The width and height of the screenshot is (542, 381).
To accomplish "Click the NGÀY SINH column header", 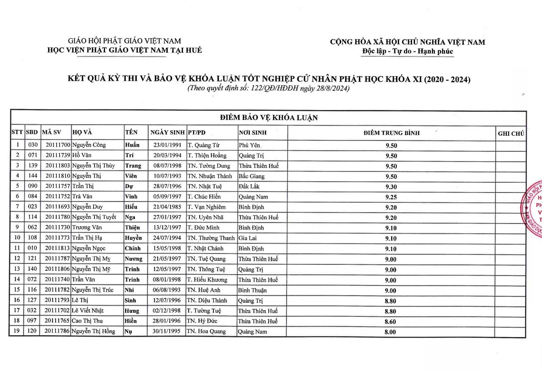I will pyautogui.click(x=167, y=132).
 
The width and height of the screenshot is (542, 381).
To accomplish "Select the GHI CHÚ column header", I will pyautogui.click(x=511, y=133).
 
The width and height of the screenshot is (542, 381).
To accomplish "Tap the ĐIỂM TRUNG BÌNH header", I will pyautogui.click(x=391, y=133).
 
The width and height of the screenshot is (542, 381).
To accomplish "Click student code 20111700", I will pyautogui.click(x=58, y=145).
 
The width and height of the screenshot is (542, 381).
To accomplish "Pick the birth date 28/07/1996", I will pyautogui.click(x=167, y=186).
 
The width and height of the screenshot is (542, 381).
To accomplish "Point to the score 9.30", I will pyautogui.click(x=391, y=187).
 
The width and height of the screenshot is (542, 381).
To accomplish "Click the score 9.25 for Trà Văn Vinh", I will pyautogui.click(x=391, y=197).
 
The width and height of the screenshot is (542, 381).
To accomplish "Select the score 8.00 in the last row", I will pyautogui.click(x=390, y=332).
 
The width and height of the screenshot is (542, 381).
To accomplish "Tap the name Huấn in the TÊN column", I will pyautogui.click(x=132, y=145).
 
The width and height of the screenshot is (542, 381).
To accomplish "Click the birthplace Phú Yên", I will pyautogui.click(x=250, y=145).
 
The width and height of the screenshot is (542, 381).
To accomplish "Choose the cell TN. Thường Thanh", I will pyautogui.click(x=211, y=238).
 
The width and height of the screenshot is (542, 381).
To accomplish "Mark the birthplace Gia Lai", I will pyautogui.click(x=247, y=238).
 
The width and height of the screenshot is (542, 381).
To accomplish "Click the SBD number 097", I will pyautogui.click(x=32, y=321).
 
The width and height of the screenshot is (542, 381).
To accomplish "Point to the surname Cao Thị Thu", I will pyautogui.click(x=87, y=321).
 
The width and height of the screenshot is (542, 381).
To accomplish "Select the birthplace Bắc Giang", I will pyautogui.click(x=251, y=176).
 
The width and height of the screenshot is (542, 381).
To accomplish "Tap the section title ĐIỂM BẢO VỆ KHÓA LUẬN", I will pyautogui.click(x=269, y=118).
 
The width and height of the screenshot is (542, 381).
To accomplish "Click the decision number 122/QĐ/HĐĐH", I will pyautogui.click(x=275, y=89).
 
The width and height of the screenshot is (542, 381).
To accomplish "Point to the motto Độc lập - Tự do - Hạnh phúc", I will pyautogui.click(x=407, y=52).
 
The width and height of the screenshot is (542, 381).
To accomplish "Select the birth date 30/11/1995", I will pyautogui.click(x=166, y=331).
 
